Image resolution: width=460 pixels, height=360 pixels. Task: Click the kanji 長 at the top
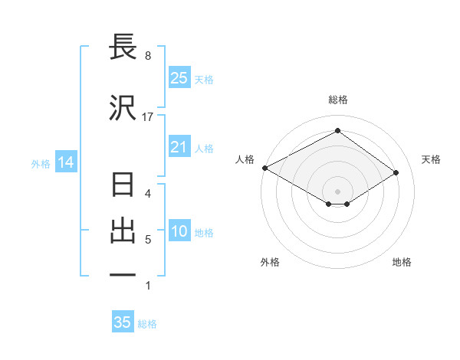[x=123, y=48]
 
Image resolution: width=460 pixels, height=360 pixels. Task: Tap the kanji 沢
[x=123, y=108]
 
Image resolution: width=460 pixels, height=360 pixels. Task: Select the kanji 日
[x=123, y=186]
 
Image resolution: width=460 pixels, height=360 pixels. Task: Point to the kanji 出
[x=123, y=231]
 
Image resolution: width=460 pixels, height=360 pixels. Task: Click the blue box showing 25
[x=179, y=78]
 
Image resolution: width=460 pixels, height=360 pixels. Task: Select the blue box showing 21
[x=179, y=147]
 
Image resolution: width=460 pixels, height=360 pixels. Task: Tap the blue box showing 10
[x=179, y=232]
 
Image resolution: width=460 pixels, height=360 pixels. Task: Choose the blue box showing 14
[x=65, y=162]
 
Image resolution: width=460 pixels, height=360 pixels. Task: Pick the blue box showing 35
[x=123, y=322]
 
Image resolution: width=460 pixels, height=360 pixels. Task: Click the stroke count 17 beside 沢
[x=148, y=117]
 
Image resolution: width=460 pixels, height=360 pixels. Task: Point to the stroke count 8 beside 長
[x=148, y=56]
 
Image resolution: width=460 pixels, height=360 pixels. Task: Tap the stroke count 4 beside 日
[x=148, y=194]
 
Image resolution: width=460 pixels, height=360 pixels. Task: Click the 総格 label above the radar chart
[x=337, y=100]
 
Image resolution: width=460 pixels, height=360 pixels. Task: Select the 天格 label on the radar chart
[x=431, y=159]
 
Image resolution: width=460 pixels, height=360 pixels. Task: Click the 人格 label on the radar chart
[x=245, y=159]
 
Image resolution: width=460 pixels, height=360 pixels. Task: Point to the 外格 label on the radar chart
[x=269, y=262]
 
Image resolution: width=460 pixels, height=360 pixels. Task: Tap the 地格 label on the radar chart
[x=402, y=262]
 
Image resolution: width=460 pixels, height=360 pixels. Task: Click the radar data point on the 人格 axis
[x=264, y=168]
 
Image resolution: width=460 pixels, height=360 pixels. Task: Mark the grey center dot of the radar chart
[x=337, y=191]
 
